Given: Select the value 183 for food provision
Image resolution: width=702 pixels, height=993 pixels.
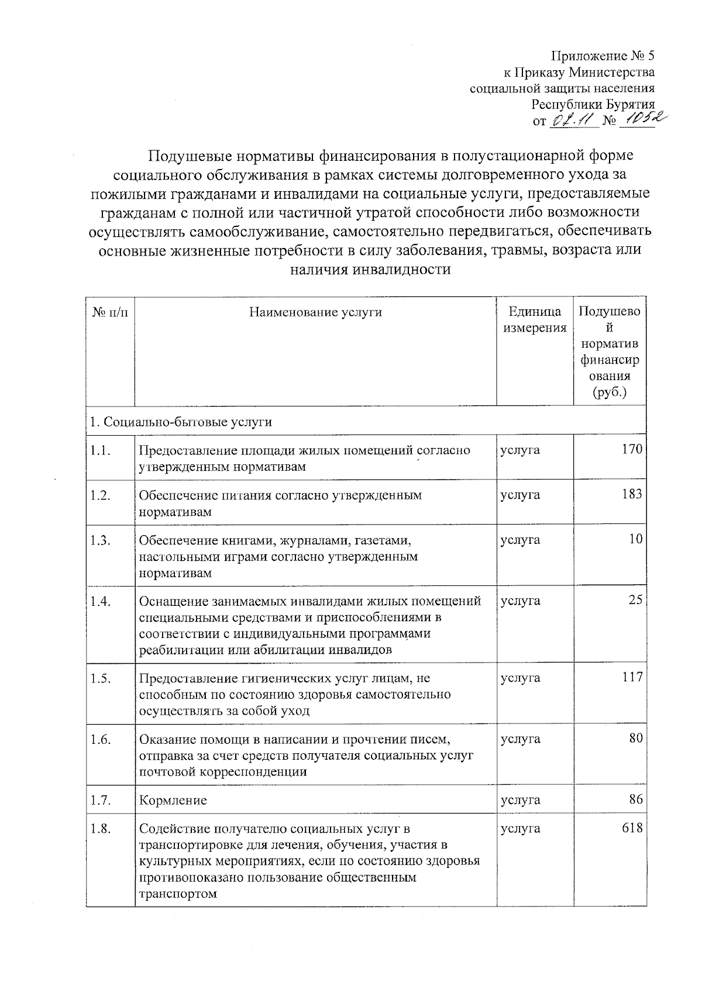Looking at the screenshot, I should tap(632, 495).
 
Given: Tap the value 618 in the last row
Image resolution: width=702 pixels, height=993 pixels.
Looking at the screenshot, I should tap(632, 828).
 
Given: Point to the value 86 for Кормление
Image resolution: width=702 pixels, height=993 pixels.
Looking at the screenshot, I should tap(636, 799).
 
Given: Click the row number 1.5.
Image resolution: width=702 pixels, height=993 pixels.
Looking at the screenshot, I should tap(101, 678).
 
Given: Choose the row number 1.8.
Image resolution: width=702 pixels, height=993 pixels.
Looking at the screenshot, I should tap(101, 828).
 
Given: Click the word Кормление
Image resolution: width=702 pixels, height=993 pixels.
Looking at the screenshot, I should tap(173, 800).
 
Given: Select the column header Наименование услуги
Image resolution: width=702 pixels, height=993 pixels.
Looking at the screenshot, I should tap(315, 312).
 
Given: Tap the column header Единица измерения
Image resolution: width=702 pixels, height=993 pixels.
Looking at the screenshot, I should tap(535, 320).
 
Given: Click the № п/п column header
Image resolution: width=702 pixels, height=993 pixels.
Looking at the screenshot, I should tap(110, 312).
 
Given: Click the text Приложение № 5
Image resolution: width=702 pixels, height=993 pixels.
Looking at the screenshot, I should tap(603, 56).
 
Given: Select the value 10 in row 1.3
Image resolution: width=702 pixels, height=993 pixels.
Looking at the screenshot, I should tap(635, 539).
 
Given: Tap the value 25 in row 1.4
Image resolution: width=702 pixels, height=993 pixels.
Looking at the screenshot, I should tap(635, 601).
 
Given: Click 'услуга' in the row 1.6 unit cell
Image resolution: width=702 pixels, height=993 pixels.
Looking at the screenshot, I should tap(520, 739).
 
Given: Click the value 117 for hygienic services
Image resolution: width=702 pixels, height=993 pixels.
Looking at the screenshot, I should tap(632, 678).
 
